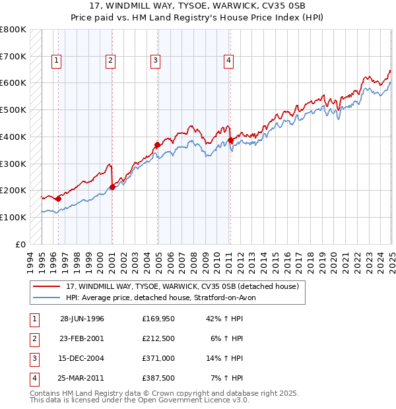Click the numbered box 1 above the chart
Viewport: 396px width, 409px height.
[56, 61]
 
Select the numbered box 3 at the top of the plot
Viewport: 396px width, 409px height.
[155, 61]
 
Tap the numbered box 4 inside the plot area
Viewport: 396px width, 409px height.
[228, 61]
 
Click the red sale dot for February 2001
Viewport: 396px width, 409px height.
[112, 187]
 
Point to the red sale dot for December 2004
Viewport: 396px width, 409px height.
[157, 144]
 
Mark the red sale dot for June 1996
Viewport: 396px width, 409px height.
[58, 198]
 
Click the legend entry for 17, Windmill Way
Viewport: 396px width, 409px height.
[182, 286]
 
